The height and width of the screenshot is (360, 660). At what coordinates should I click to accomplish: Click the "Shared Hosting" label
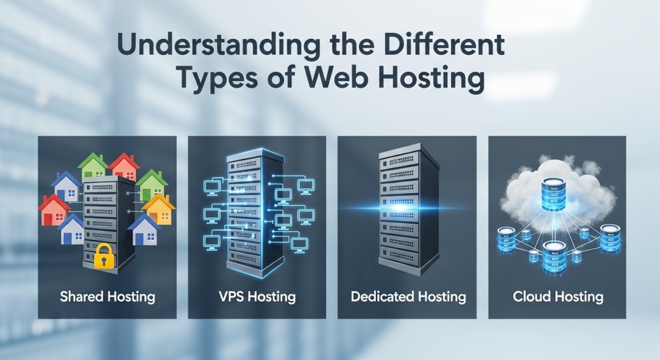(x=107, y=296)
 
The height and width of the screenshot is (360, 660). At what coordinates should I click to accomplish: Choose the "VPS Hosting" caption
(x=257, y=296)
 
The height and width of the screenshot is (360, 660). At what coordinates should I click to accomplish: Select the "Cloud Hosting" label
(x=557, y=296)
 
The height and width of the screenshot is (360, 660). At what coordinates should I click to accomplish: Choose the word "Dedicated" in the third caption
(x=381, y=296)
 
